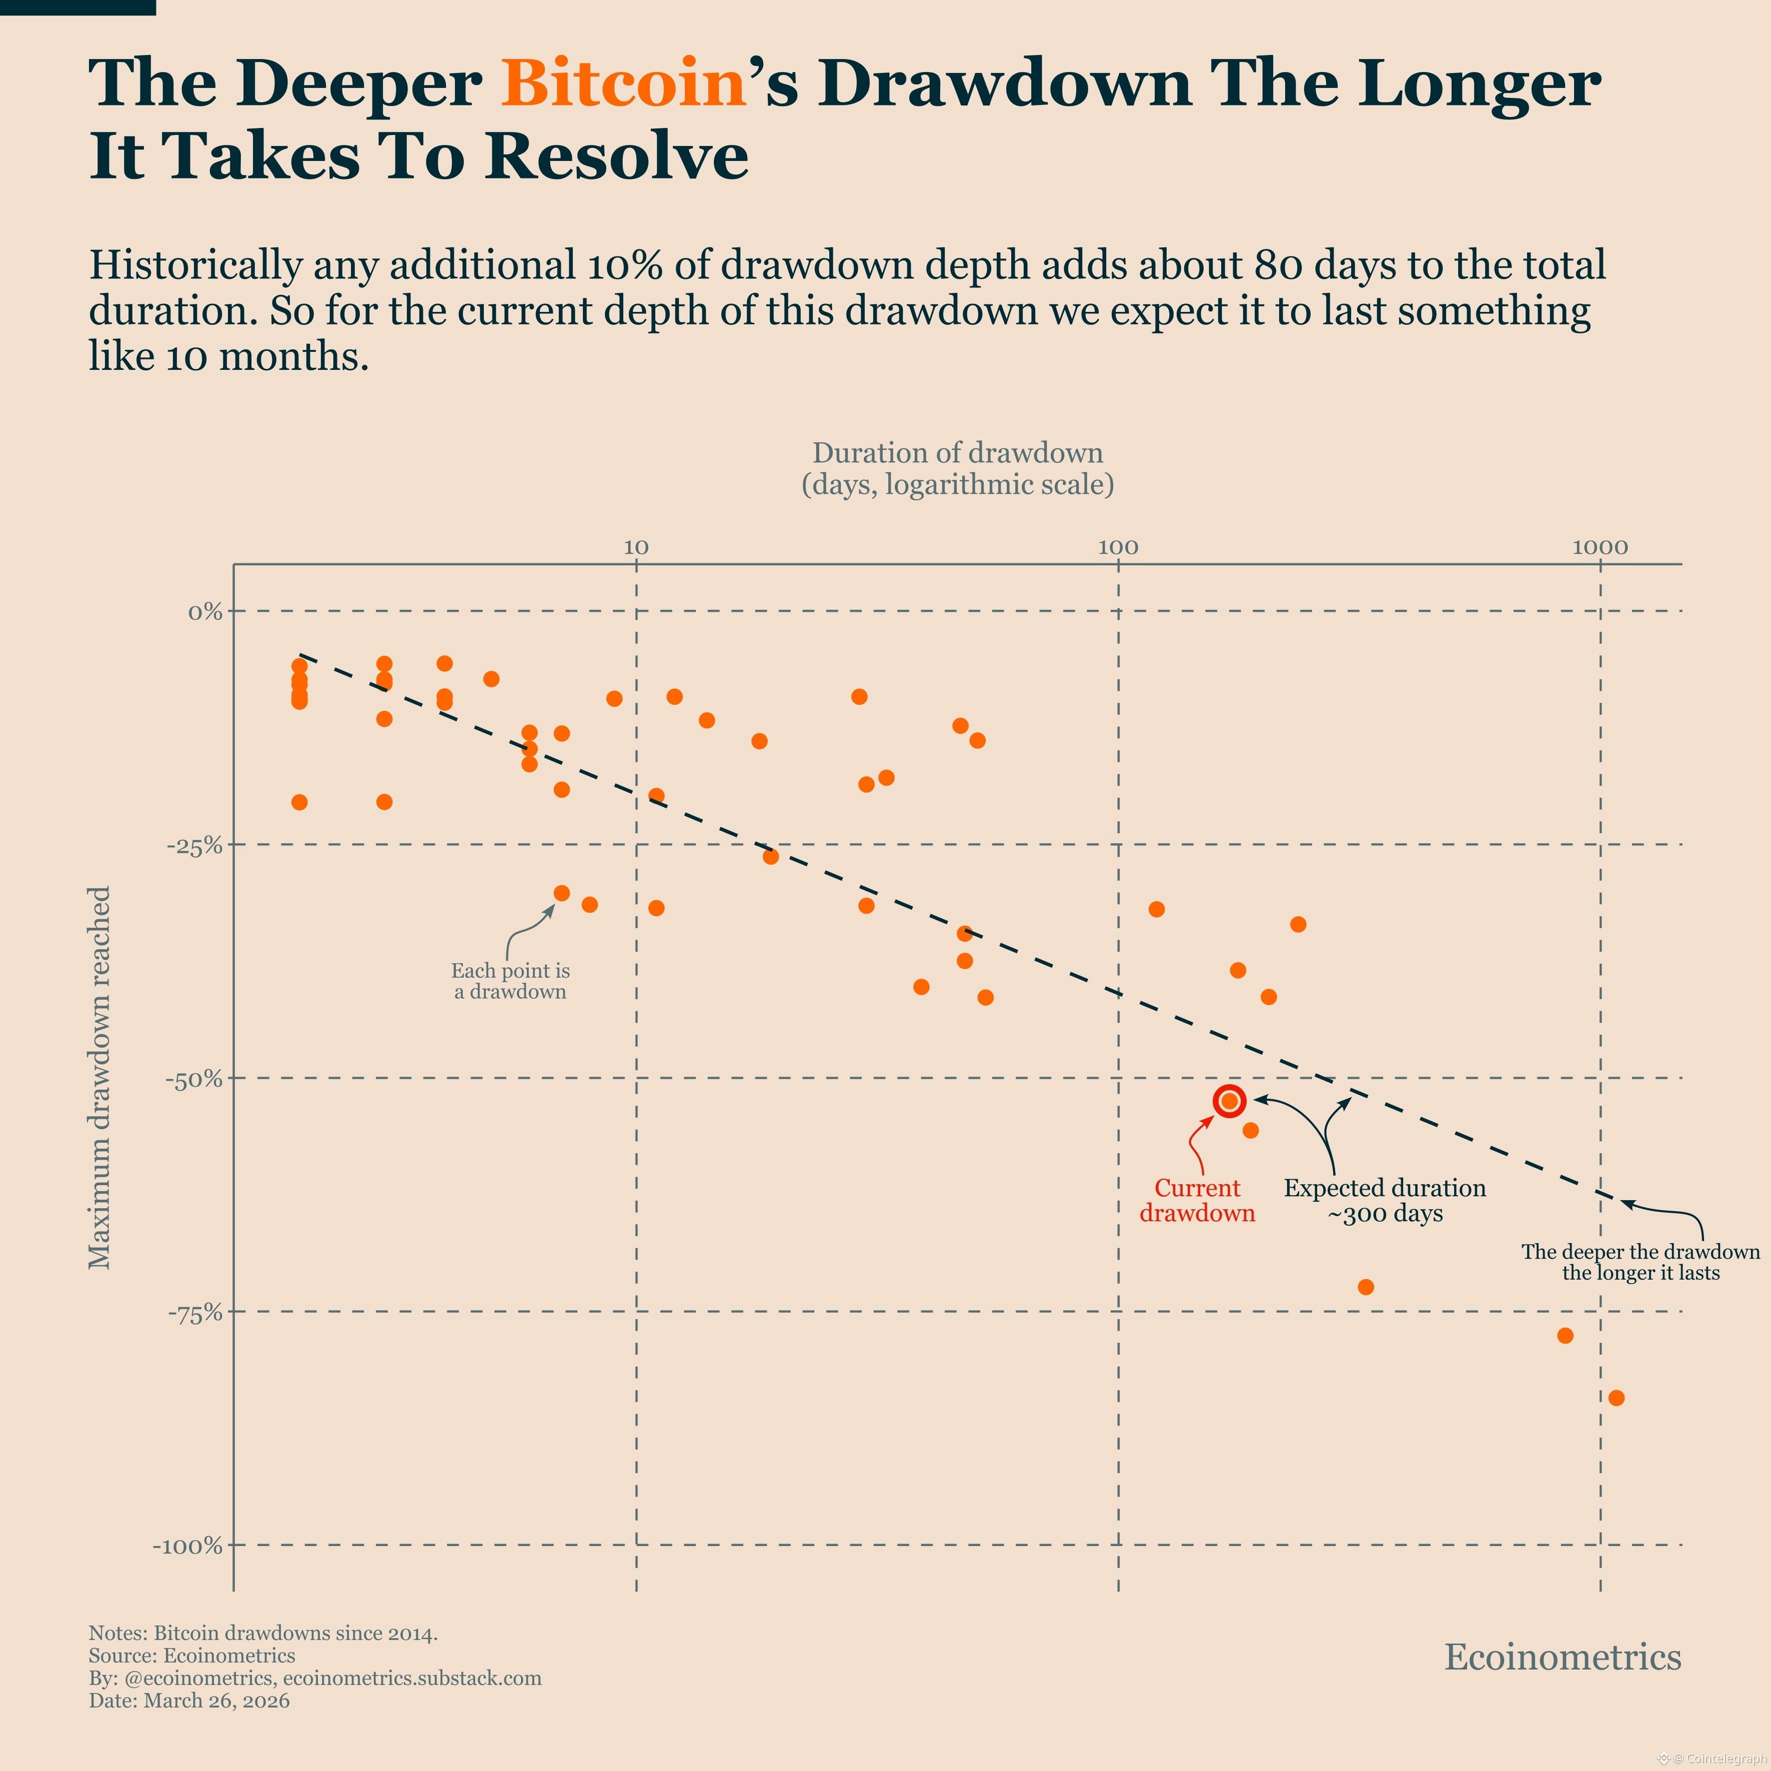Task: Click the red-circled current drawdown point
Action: pos(1229,1101)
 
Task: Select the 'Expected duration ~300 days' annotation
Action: pos(1384,1200)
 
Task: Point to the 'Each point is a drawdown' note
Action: pos(510,981)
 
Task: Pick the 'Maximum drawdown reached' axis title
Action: pos(99,1077)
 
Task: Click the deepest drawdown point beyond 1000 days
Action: pos(1616,1398)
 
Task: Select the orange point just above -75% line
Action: pos(1365,1287)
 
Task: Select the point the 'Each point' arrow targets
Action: pos(562,893)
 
